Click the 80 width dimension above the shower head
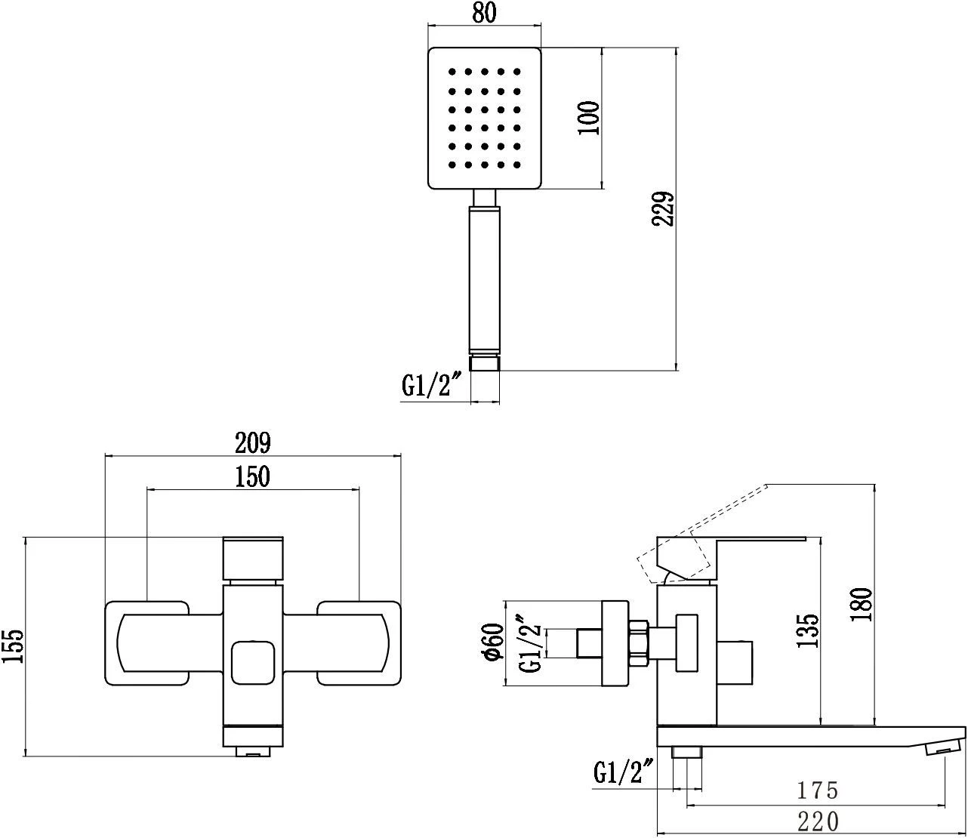[x=485, y=14]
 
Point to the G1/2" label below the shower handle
[x=431, y=387]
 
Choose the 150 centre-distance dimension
[x=252, y=477]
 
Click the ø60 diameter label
[x=493, y=642]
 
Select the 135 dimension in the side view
[x=809, y=630]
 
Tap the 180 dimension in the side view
[x=863, y=604]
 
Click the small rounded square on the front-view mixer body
[x=253, y=662]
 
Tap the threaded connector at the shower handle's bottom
[x=485, y=363]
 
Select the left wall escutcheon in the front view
[x=146, y=643]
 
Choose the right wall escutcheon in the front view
[x=359, y=643]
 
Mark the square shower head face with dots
[x=485, y=119]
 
